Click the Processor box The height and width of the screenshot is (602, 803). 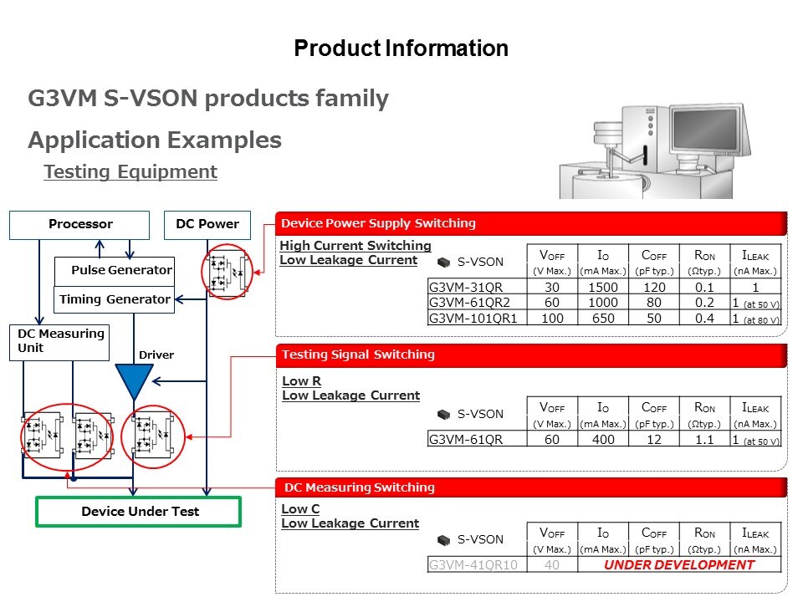[x=79, y=225]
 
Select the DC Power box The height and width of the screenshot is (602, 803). [x=207, y=225]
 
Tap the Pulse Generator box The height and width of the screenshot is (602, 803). [x=115, y=271]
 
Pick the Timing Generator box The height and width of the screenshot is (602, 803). [x=115, y=299]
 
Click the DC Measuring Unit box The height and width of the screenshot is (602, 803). [x=59, y=343]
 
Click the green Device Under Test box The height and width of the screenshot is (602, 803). [x=138, y=512]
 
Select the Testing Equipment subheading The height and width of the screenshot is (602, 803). [x=130, y=171]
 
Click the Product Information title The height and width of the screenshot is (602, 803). [x=401, y=48]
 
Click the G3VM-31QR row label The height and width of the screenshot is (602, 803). [x=466, y=287]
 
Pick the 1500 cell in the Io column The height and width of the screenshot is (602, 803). [x=603, y=287]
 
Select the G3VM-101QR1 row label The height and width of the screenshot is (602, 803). [x=473, y=319]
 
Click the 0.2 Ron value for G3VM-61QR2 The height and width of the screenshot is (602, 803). [x=704, y=303]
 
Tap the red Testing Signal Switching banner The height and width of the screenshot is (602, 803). [x=531, y=355]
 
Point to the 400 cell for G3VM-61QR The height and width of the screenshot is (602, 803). [x=603, y=439]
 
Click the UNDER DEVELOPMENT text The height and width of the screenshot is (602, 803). [x=679, y=564]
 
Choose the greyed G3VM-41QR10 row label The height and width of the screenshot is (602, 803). [x=473, y=564]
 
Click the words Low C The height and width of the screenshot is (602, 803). [x=300, y=509]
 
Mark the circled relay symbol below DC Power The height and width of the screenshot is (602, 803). [x=227, y=272]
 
